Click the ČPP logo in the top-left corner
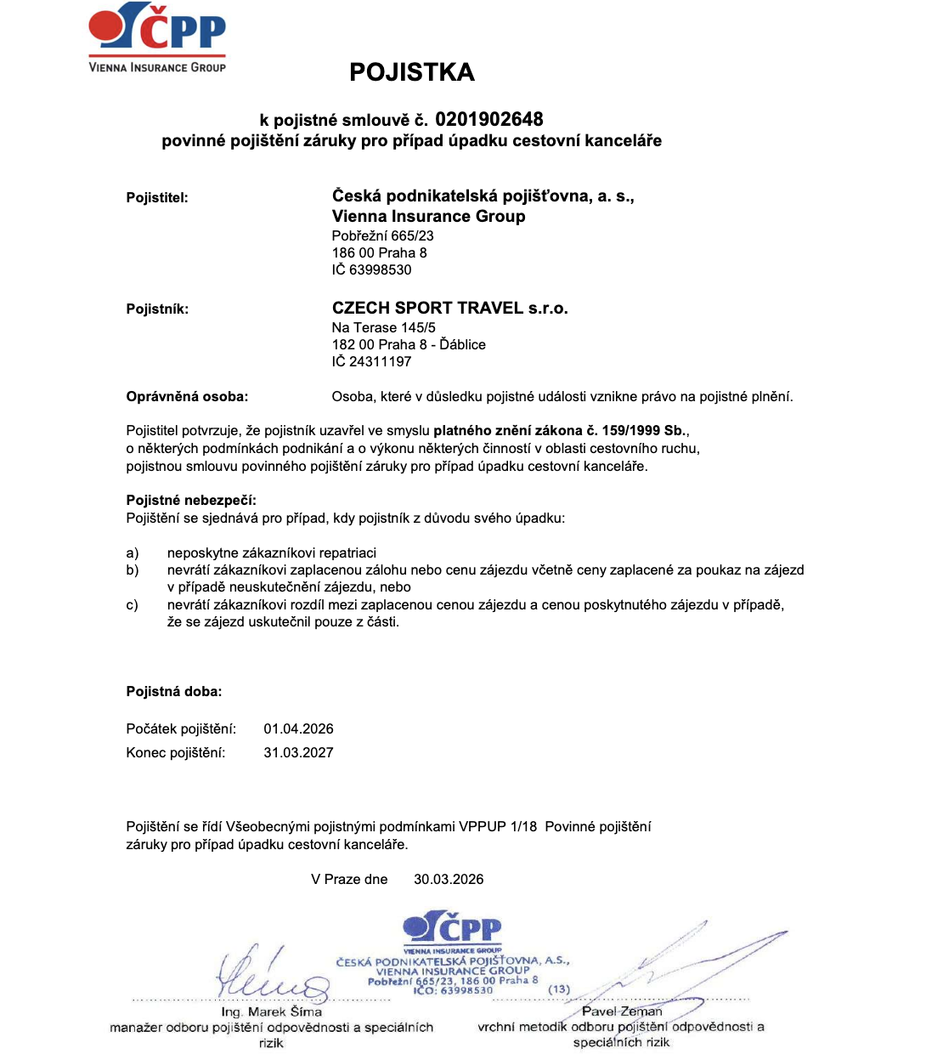(x=157, y=38)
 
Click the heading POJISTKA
(x=412, y=72)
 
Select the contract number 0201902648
(x=489, y=119)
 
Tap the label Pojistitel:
(x=157, y=198)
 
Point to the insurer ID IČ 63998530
(x=371, y=269)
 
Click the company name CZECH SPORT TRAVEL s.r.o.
(x=449, y=308)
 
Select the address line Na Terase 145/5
(x=383, y=327)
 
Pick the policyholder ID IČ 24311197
(x=371, y=361)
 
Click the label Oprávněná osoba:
(x=187, y=396)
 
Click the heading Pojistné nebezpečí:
(x=191, y=500)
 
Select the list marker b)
(x=133, y=569)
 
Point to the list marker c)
(x=133, y=604)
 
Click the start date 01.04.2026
(x=298, y=728)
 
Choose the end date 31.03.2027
(x=298, y=752)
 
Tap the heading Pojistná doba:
(x=174, y=691)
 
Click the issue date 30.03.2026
(x=449, y=879)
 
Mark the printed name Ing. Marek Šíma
(x=271, y=1011)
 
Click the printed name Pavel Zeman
(x=622, y=1011)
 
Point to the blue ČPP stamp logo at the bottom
(x=453, y=929)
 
